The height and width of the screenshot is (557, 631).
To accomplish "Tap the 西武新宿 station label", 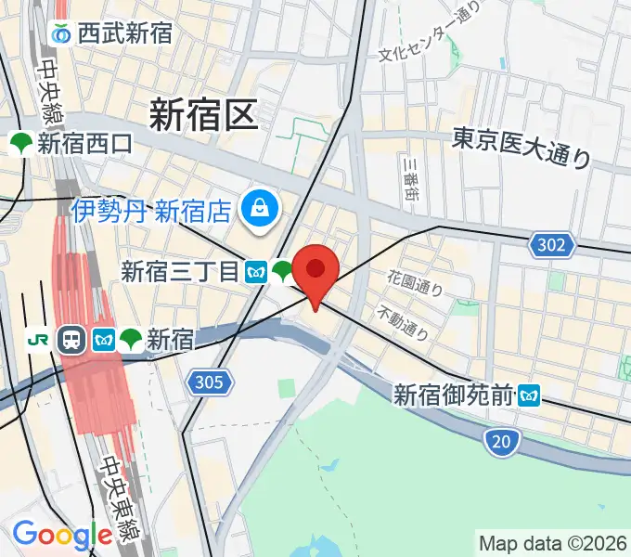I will coord(124,34).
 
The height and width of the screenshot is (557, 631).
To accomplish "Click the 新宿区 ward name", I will coord(201,116).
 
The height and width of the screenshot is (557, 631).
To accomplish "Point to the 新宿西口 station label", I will coord(85,143).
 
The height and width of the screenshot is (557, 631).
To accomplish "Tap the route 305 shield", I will coord(210,381).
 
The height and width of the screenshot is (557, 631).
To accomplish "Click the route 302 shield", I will coord(553,245).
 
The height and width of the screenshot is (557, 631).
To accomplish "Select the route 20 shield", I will coord(500,443).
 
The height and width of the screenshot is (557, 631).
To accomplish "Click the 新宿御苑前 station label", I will coord(454,395).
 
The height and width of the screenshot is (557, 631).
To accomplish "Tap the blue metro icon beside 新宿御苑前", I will coord(530,395).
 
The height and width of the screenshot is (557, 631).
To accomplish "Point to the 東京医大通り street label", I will coord(522,148).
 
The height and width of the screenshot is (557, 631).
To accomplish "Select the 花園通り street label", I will coord(415,282).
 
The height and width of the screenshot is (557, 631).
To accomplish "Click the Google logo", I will coord(62,535).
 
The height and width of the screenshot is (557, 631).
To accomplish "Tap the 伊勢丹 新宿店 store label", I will coord(151,210).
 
